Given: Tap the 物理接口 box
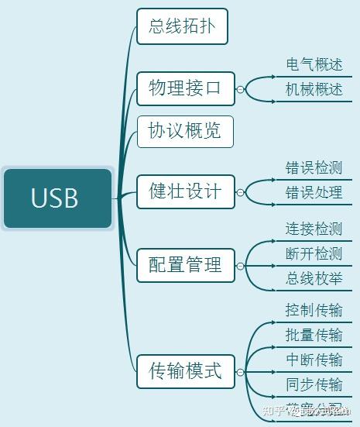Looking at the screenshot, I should pyautogui.click(x=185, y=88).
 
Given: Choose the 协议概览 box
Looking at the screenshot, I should pyautogui.click(x=185, y=131).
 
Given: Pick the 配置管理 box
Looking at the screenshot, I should pyautogui.click(x=185, y=265).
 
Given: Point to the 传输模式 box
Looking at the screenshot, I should pyautogui.click(x=185, y=370).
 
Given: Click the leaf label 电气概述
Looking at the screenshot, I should pyautogui.click(x=314, y=65).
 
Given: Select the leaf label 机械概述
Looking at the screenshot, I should pyautogui.click(x=314, y=90).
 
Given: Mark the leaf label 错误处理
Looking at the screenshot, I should pyautogui.click(x=314, y=192).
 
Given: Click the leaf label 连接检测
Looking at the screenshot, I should pyautogui.click(x=314, y=229).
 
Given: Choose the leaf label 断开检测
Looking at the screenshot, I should pyautogui.click(x=314, y=254).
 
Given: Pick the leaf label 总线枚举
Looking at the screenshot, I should pyautogui.click(x=314, y=279).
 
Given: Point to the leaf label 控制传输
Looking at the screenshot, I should pyautogui.click(x=314, y=311).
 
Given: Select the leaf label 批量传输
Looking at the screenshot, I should pyautogui.click(x=314, y=335).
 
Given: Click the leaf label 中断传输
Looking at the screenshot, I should pyautogui.click(x=314, y=360).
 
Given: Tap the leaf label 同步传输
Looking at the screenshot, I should pyautogui.click(x=314, y=384).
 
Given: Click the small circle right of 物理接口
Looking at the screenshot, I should pyautogui.click(x=240, y=89).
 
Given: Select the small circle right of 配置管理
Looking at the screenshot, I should pyautogui.click(x=240, y=266).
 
